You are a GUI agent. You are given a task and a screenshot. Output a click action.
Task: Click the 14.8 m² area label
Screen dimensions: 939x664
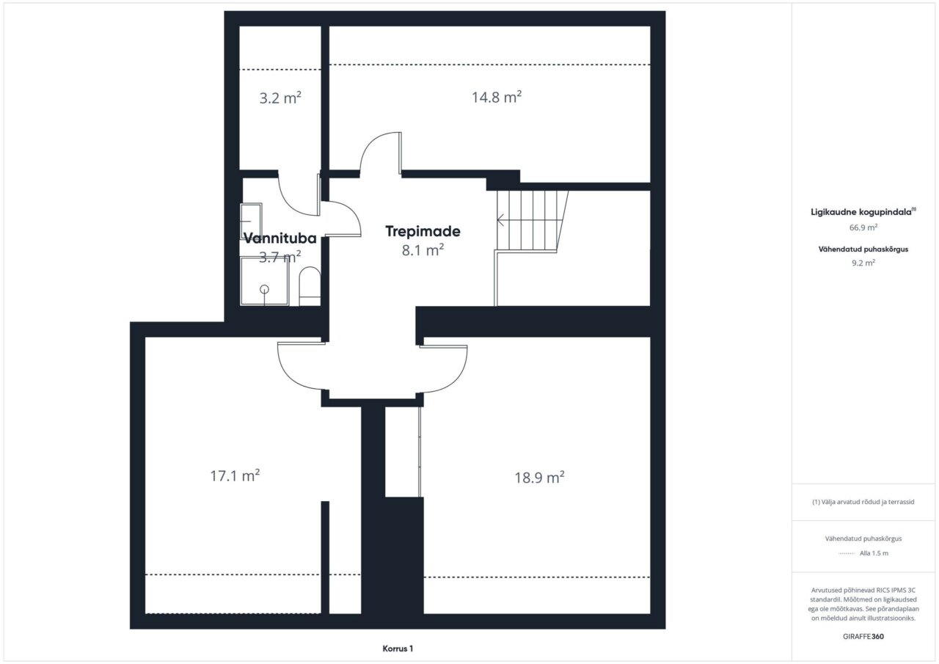[497, 98]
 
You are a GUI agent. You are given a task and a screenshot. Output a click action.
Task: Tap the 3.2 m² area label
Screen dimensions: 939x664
[280, 98]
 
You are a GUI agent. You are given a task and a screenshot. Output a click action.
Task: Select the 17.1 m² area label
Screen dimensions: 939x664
[235, 475]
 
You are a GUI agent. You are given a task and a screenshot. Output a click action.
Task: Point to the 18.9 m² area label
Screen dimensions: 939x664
[539, 478]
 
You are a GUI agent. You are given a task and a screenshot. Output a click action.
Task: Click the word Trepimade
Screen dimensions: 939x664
[423, 231]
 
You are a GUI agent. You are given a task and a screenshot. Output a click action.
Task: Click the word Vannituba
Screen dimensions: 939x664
[279, 238]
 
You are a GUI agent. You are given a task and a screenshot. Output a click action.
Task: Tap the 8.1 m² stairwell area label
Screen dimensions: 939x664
[423, 250]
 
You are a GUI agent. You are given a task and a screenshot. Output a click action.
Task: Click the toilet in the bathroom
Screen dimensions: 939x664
[310, 286]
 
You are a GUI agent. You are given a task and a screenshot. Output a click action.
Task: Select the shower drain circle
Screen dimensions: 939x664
[264, 289]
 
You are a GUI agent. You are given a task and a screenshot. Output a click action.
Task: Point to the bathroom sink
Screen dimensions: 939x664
[251, 221]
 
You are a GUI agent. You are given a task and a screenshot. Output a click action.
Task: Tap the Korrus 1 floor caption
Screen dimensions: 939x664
[398, 649]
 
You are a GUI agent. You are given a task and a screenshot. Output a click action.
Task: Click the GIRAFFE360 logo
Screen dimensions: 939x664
[863, 636]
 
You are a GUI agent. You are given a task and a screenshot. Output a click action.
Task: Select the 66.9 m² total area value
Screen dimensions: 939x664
[863, 227]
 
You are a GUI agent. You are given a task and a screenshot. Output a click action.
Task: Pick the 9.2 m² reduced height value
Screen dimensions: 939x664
[863, 263]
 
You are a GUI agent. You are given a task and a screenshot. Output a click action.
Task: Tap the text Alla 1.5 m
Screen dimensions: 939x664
[874, 553]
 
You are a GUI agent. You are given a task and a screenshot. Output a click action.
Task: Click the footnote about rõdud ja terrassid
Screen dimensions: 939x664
[863, 502]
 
